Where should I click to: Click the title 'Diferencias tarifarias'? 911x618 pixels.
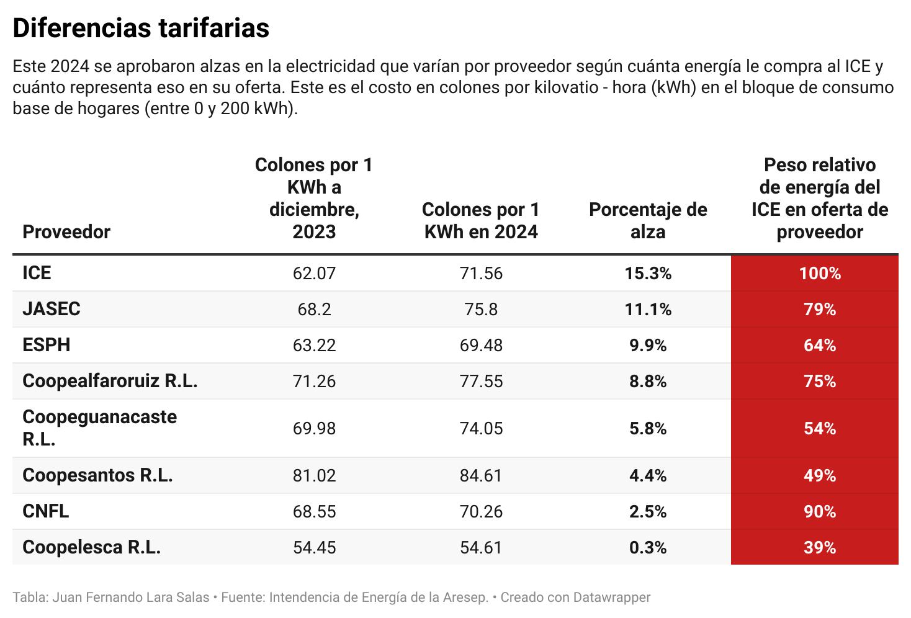tap(141, 29)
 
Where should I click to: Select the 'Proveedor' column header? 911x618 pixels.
tap(66, 232)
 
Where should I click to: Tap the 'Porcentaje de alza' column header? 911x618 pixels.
tap(648, 221)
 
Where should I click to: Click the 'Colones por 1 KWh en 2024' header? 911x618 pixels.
tap(481, 221)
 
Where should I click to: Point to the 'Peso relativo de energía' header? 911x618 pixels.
tap(820, 199)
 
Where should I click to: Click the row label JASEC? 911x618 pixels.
tap(52, 309)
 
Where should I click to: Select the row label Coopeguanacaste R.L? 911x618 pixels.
tap(99, 428)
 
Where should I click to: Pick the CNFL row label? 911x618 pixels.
tap(46, 511)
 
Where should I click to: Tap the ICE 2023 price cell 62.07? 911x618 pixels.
tap(314, 274)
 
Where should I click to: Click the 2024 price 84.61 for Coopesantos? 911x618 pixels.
tap(481, 476)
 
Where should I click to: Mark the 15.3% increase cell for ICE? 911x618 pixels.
tap(648, 274)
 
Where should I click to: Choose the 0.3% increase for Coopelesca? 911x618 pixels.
tap(648, 548)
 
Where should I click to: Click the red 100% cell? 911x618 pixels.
tap(820, 274)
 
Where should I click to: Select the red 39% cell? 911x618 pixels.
tap(820, 548)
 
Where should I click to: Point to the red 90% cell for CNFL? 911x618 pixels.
tap(820, 512)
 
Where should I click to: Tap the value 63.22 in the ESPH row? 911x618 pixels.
tap(314, 346)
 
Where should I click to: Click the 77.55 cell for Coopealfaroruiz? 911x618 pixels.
tap(481, 382)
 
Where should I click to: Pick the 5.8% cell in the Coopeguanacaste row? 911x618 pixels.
tap(648, 429)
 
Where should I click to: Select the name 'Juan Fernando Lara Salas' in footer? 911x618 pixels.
tap(131, 598)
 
